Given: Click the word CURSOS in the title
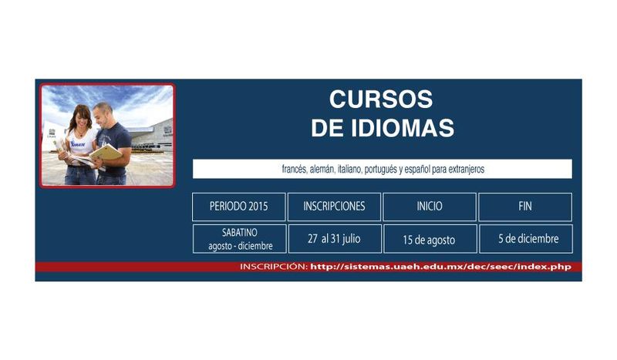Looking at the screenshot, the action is click(x=381, y=99).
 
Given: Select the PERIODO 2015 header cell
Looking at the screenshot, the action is click(x=239, y=207).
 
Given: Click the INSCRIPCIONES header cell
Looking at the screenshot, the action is click(x=334, y=207).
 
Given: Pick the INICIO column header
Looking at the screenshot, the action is click(x=430, y=207).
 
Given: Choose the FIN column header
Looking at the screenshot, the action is click(x=525, y=207).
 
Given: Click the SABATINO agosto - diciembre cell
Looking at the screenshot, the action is click(x=240, y=239).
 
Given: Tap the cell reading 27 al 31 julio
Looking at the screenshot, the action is click(x=335, y=239).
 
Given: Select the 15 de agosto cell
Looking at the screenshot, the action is click(x=430, y=239).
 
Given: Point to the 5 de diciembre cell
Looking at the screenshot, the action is click(x=526, y=239).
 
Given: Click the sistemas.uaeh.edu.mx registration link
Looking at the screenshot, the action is click(x=440, y=267).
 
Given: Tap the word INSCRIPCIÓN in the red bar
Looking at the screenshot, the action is click(x=274, y=267).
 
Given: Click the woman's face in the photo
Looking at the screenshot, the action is click(x=83, y=118).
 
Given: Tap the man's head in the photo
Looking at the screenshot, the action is click(x=103, y=113).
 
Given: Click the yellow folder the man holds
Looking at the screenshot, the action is click(x=106, y=153).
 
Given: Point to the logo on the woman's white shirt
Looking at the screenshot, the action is click(x=78, y=143).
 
